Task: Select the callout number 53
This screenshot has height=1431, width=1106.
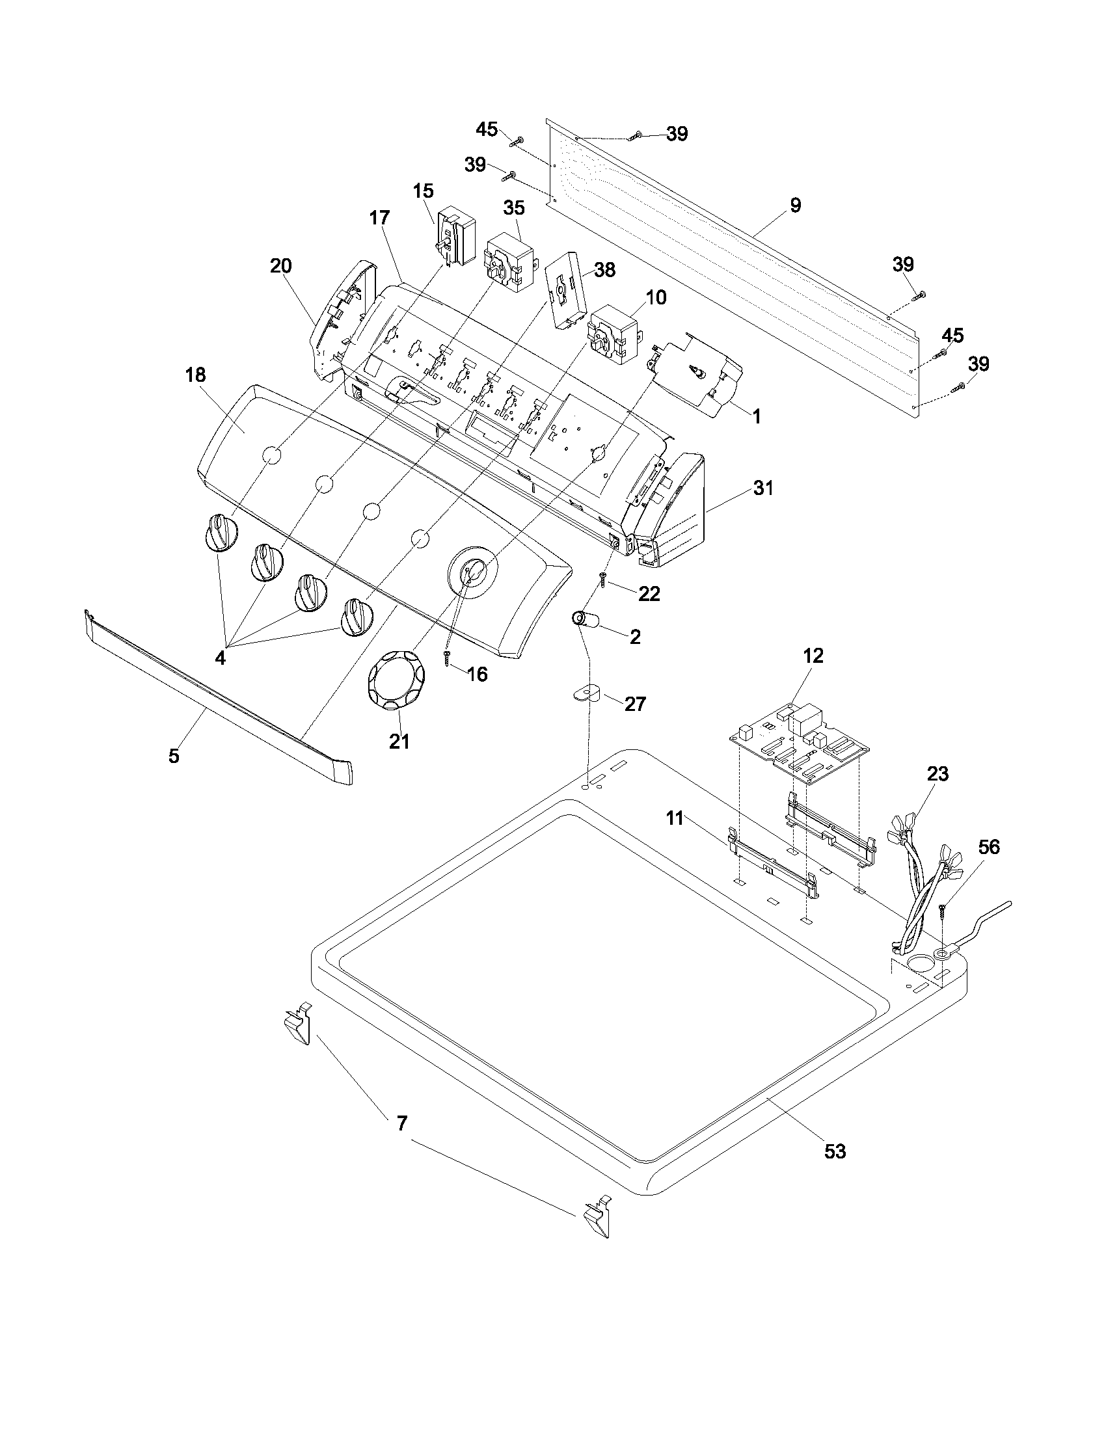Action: (x=835, y=1151)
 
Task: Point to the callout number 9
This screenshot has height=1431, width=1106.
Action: (x=795, y=205)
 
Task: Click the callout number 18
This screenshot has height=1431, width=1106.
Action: (x=195, y=375)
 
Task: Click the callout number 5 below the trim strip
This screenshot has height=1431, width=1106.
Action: (x=173, y=755)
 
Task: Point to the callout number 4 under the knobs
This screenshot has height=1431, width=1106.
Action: (x=220, y=658)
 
